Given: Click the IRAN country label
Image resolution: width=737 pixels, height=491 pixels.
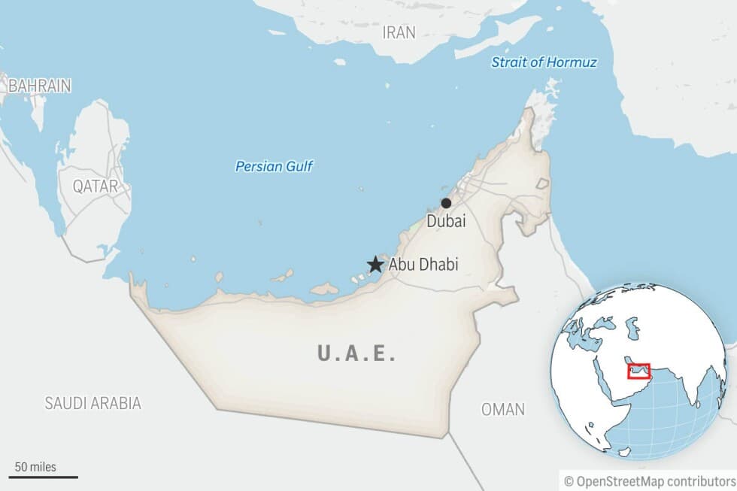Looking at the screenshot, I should click(x=399, y=32).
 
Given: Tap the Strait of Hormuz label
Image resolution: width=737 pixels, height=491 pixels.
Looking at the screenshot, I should click(x=544, y=62).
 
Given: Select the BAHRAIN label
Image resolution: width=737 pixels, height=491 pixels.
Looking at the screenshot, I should click(x=39, y=86).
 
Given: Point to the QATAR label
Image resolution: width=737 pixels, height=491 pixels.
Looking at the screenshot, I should click(x=96, y=186).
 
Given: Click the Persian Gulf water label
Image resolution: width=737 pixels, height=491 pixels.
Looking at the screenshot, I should click(x=274, y=167).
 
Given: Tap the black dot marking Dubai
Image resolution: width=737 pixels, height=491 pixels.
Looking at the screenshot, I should click(x=446, y=203).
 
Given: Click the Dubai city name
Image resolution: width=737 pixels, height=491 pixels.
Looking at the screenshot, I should click(x=446, y=221).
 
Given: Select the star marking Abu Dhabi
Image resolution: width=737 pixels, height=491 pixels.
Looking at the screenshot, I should click(x=375, y=264).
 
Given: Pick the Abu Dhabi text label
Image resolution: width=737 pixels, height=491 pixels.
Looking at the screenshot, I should click(x=423, y=265).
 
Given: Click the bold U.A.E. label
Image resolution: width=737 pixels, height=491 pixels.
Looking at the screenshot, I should click(x=356, y=353).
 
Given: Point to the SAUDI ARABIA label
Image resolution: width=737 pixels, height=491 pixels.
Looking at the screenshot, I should click(x=93, y=403).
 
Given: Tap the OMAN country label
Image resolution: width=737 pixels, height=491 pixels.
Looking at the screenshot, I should click(x=503, y=410).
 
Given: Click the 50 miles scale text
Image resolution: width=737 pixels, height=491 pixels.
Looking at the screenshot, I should click(x=35, y=467).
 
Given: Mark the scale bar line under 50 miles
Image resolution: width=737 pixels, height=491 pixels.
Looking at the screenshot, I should click(x=44, y=477).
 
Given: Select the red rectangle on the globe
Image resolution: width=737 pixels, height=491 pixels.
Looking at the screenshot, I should click(x=638, y=371).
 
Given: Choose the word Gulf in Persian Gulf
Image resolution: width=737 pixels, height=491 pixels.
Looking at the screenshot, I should click(x=298, y=167).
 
